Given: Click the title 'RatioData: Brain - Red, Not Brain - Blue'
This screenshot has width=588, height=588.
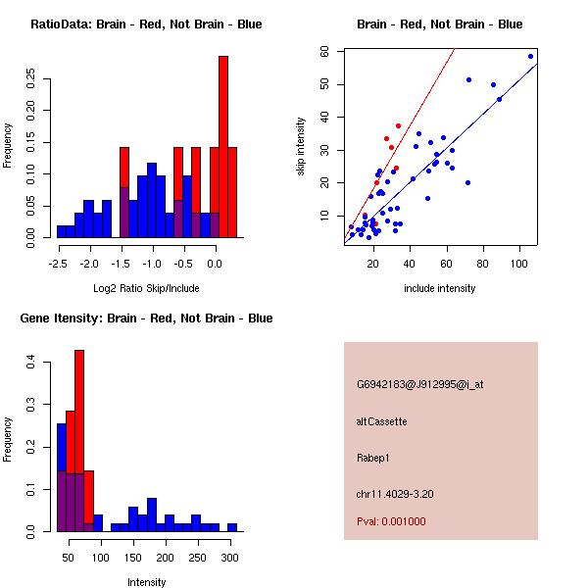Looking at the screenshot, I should (146, 24).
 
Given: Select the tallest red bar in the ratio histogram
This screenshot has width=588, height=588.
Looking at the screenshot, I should (223, 147).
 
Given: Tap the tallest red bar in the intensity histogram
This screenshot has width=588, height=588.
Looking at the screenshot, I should (79, 441).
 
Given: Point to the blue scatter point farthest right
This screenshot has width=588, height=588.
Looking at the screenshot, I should (530, 56).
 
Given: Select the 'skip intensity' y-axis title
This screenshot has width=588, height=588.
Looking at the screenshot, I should (302, 147).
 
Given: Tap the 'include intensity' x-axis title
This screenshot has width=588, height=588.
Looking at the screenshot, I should (441, 288).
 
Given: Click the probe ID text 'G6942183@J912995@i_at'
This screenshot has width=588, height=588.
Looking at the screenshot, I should (420, 384).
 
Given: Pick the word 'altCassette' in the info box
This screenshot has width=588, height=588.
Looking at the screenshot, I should (382, 421).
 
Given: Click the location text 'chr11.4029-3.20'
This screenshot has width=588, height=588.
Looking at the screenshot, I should (395, 493).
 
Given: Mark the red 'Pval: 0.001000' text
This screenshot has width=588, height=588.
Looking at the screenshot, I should (391, 521).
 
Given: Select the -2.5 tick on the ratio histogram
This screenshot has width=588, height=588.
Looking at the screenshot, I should (58, 264).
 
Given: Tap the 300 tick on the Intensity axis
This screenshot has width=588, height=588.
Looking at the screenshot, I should (229, 558).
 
